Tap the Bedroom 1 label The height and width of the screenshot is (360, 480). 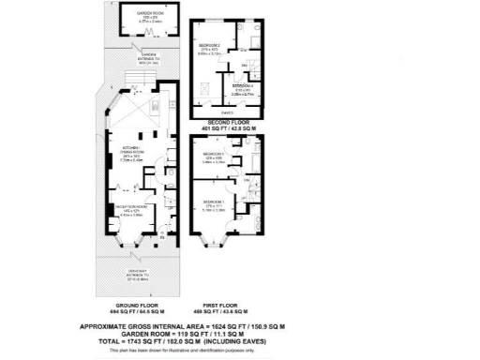[x=215, y=203]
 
